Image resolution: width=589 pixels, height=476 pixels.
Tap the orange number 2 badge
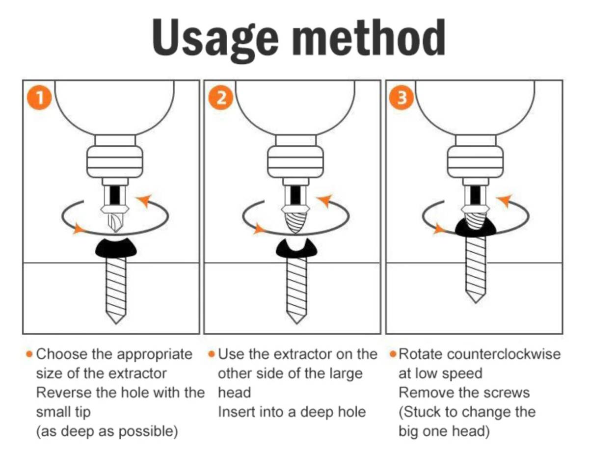click(220, 98)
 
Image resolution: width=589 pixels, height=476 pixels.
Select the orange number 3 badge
click(401, 98)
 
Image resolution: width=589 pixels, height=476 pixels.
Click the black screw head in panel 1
click(116, 248)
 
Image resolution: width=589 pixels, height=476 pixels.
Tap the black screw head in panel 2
click(296, 248)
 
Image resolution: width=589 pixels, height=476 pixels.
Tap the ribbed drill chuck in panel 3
click(475, 162)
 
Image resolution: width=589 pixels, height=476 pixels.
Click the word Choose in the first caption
click(62, 355)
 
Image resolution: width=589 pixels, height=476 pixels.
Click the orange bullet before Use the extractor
click(212, 354)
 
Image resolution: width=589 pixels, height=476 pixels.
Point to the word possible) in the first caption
click(148, 432)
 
